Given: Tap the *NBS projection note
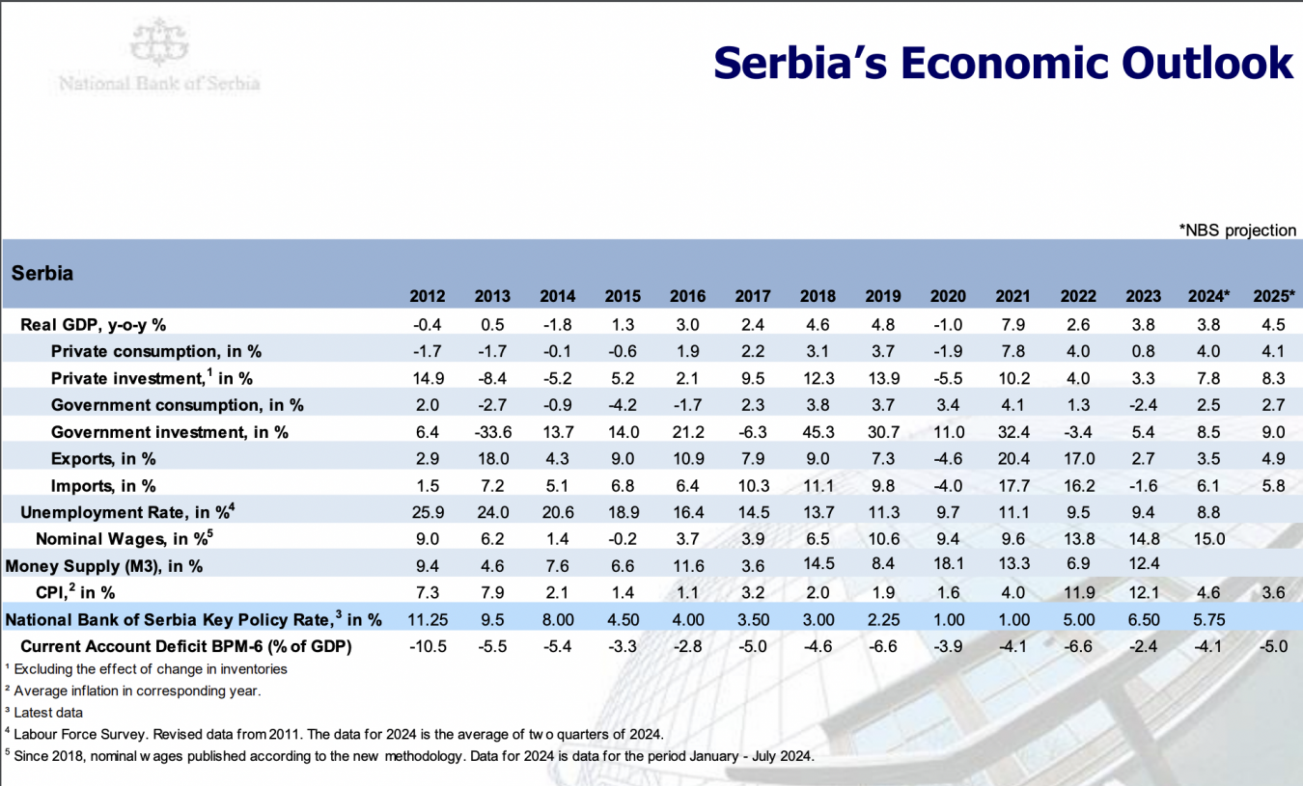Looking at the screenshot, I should [1237, 230].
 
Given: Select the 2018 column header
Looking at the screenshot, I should [818, 297].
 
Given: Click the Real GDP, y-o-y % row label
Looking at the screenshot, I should [94, 324].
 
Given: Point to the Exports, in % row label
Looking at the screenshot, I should [103, 459].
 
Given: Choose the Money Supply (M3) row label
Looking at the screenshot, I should [103, 566].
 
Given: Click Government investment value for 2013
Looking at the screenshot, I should [492, 432].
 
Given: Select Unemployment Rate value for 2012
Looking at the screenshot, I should [428, 512].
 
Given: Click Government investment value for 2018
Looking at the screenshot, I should [818, 432].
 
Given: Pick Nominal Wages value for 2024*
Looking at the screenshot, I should [1208, 539].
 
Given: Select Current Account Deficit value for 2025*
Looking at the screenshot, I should [1273, 646].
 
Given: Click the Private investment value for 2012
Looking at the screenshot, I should [428, 378].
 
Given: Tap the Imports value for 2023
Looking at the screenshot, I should [1143, 486].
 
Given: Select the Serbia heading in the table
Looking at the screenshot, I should [42, 273].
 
